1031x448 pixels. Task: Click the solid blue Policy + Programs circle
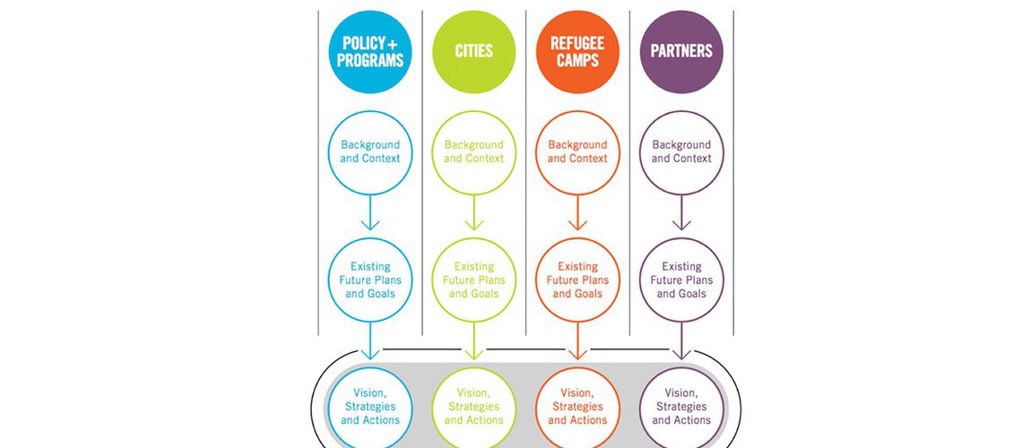click(x=370, y=51)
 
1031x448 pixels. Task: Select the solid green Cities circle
click(x=474, y=51)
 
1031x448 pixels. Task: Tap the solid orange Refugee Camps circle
click(x=577, y=51)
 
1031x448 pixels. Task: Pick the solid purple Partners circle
click(x=681, y=51)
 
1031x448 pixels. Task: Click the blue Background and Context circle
click(x=370, y=152)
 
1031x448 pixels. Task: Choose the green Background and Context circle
click(x=474, y=152)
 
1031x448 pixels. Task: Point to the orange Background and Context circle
click(x=577, y=152)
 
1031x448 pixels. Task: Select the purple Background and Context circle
click(x=681, y=152)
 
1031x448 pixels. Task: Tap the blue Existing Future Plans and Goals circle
click(x=370, y=280)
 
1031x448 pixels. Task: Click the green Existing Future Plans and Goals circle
click(x=474, y=280)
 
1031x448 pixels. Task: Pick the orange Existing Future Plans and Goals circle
click(x=577, y=280)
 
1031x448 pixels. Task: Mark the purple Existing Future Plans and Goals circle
click(x=681, y=280)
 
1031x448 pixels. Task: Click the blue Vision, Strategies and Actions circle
click(x=370, y=407)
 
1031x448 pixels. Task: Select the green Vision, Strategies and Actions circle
click(x=474, y=407)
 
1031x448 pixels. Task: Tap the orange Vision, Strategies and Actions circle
click(x=577, y=407)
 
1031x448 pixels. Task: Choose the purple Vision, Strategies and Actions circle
click(x=681, y=407)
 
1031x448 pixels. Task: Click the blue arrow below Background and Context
click(x=370, y=212)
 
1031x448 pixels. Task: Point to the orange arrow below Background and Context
click(x=577, y=212)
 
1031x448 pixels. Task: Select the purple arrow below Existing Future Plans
click(x=681, y=340)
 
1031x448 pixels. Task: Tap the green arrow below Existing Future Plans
click(x=474, y=340)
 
